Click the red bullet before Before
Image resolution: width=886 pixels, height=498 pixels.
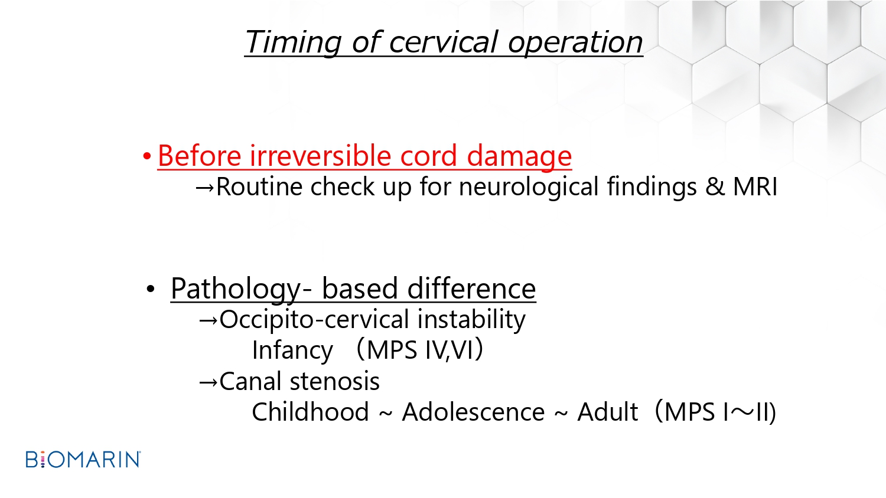(146, 156)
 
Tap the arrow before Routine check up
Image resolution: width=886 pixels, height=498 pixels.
(205, 188)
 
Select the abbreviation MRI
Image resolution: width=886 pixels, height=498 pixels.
(755, 186)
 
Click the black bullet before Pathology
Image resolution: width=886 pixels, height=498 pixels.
(150, 289)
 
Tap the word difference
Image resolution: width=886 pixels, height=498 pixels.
(471, 289)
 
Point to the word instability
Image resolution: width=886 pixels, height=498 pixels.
(471, 320)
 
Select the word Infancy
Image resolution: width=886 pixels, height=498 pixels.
(292, 350)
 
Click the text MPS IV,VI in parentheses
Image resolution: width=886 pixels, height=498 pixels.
(420, 350)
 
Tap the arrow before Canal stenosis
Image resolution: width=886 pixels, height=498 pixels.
(208, 382)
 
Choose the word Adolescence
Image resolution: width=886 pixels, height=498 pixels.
(473, 412)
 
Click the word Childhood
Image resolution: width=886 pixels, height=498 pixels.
(311, 412)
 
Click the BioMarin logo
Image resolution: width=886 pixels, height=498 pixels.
(83, 459)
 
